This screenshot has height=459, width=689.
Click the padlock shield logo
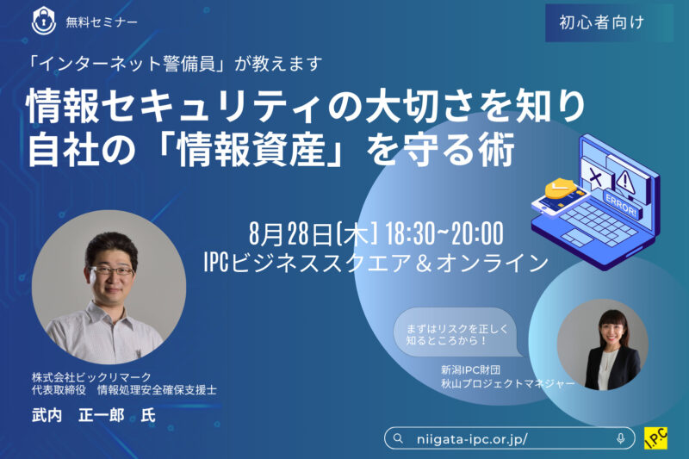44,21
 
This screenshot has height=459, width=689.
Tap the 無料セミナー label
102,22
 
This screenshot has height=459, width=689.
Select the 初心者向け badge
601,23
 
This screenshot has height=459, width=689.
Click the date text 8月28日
290,233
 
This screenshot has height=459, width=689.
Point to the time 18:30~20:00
444,233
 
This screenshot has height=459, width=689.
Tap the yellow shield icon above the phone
560,189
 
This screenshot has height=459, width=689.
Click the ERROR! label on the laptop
621,205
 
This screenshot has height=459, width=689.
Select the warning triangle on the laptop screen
625,181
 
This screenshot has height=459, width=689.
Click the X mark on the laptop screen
595,177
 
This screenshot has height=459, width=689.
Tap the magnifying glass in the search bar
398,438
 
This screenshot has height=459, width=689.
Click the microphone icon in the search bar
620,438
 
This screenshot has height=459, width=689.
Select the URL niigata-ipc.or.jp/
472,439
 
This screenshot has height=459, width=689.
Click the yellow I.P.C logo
655,438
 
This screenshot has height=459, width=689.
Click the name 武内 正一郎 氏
94,415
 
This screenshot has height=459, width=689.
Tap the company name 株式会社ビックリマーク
91,377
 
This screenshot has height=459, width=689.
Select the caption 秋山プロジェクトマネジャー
508,383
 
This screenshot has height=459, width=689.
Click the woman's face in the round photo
612,331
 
